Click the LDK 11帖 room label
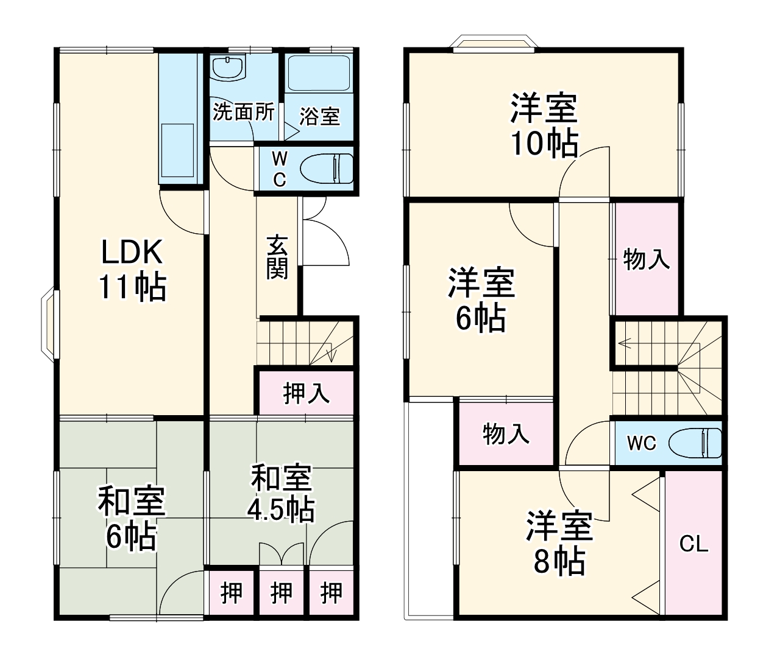click(x=132, y=269)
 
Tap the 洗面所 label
click(x=243, y=112)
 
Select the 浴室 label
click(x=319, y=116)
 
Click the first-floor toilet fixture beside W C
click(x=327, y=169)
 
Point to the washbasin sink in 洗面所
click(x=228, y=67)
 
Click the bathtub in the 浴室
click(x=318, y=74)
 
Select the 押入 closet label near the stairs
click(x=307, y=393)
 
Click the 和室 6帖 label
click(x=131, y=518)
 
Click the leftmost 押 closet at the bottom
click(x=232, y=592)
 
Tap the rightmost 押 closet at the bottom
click(x=332, y=592)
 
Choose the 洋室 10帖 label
click(x=544, y=125)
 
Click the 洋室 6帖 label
click(x=481, y=300)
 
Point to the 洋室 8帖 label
click(x=559, y=543)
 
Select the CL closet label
click(x=693, y=544)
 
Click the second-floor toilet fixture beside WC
click(x=695, y=443)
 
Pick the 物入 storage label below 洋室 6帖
click(x=506, y=434)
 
